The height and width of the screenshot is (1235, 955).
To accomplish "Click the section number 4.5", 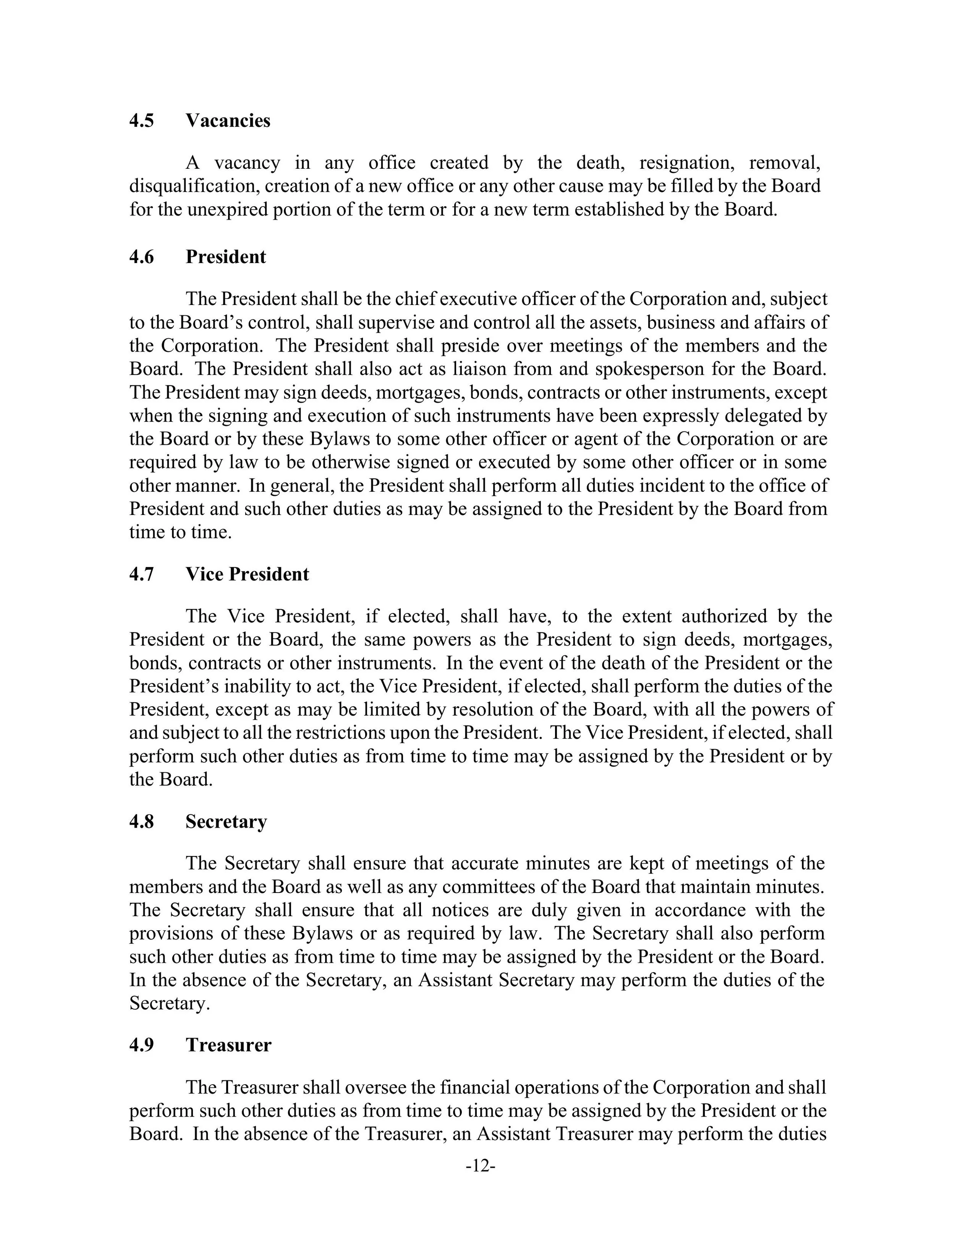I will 141,121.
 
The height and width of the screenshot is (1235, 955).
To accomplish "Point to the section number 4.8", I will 141,821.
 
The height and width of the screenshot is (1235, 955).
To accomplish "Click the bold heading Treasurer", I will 228,1045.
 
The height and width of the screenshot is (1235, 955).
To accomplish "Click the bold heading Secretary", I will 226,821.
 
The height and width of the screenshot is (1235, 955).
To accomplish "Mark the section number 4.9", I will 141,1045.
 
